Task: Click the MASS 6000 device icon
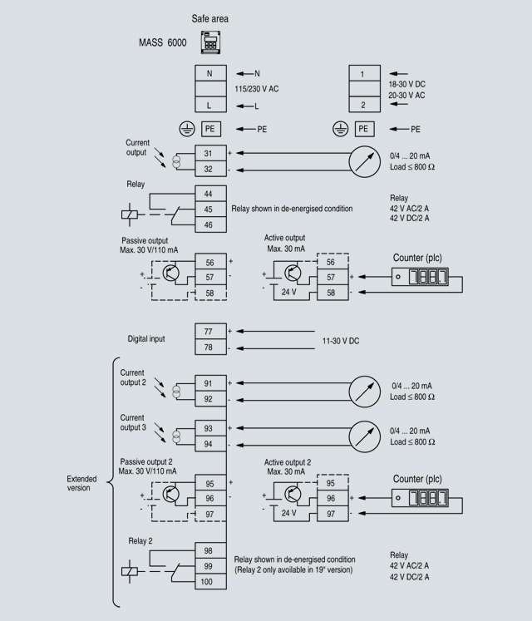209,42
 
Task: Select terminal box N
209,73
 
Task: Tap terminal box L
209,106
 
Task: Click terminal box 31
209,153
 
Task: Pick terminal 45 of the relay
209,209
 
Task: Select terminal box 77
209,331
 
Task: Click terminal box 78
209,347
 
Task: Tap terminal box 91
209,383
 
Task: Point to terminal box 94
209,445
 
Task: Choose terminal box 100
209,582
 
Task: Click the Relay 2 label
142,541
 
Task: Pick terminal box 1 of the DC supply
362,73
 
